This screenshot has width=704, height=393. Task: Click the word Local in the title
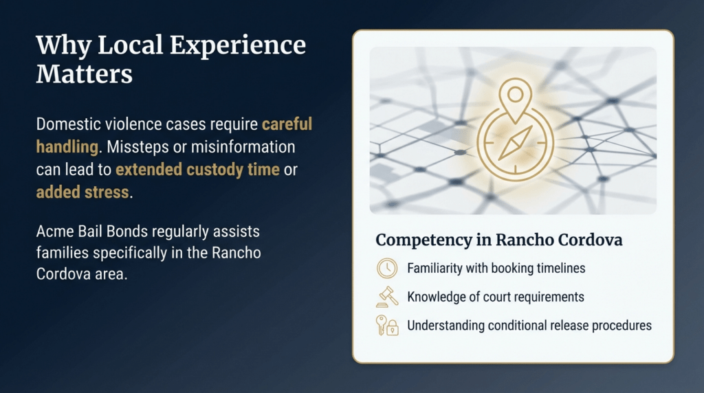coord(132,45)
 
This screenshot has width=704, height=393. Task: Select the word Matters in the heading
coord(84,74)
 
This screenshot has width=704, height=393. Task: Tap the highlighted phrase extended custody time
coord(197,170)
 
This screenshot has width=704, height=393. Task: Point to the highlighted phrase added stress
coord(82,192)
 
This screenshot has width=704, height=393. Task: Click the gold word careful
coord(287,124)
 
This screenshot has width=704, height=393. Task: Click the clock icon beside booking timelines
coord(387,268)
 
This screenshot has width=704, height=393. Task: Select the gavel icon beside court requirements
coord(387,296)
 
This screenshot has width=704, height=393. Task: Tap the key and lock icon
coord(387,325)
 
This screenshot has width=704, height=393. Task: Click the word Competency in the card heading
coord(422,241)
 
